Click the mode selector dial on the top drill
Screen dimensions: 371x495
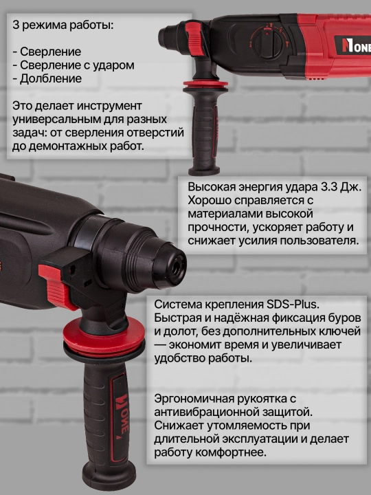pyautogui.click(x=267, y=42)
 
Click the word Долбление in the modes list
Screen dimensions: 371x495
pyautogui.click(x=51, y=78)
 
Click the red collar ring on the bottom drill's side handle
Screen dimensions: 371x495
pyautogui.click(x=104, y=335)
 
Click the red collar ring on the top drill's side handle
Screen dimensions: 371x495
pyautogui.click(x=205, y=85)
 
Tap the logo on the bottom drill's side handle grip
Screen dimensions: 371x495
pyautogui.click(x=121, y=417)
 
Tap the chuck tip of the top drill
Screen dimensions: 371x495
pyautogui.click(x=164, y=37)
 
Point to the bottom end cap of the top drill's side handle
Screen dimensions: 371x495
pyautogui.click(x=204, y=170)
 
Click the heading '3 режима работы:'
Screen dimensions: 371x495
pyautogui.click(x=63, y=25)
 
